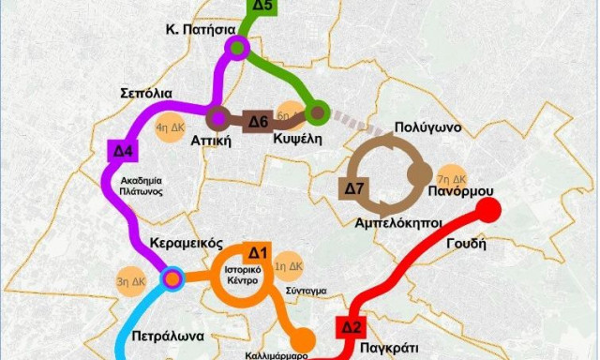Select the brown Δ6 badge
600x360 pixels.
(257, 121)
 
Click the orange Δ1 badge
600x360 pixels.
(258, 252)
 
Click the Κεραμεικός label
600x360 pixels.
(186, 243)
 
